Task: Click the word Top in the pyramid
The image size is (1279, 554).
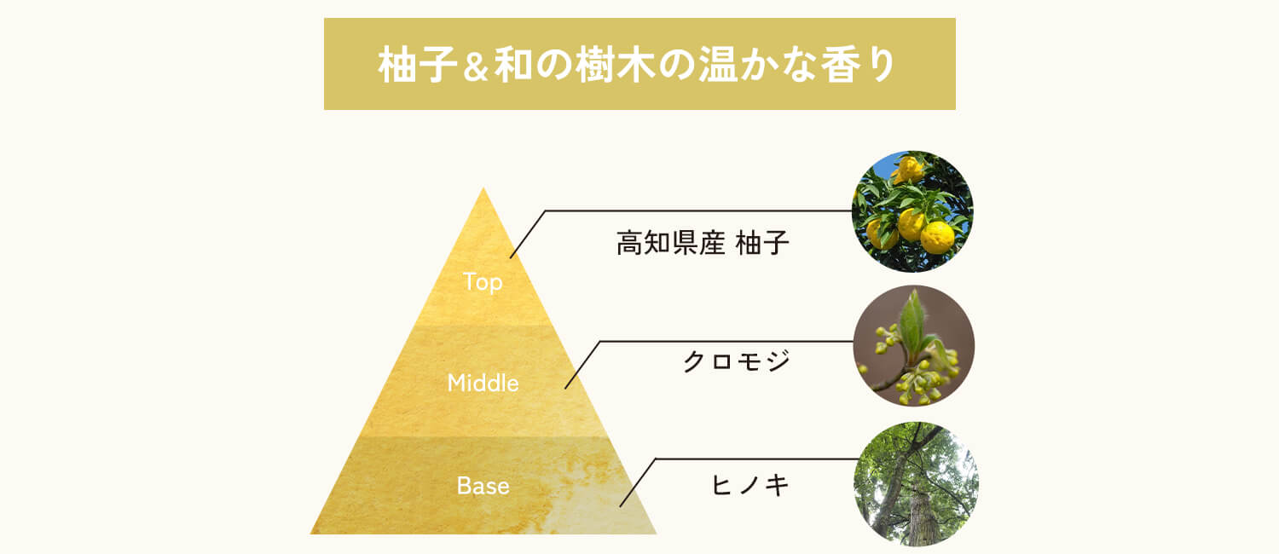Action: click(483, 281)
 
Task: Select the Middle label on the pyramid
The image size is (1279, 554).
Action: click(483, 383)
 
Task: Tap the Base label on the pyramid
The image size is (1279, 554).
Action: click(483, 486)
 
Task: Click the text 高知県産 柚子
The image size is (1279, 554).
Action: click(703, 245)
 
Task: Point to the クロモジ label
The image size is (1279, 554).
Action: click(737, 361)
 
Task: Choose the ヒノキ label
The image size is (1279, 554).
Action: click(750, 486)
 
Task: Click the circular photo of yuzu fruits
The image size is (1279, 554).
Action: click(912, 211)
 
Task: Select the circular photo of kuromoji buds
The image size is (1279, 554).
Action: click(913, 345)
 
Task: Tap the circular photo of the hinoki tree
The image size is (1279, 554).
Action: click(916, 483)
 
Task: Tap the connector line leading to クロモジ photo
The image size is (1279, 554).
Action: click(725, 341)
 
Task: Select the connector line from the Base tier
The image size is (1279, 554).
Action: click(750, 459)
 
